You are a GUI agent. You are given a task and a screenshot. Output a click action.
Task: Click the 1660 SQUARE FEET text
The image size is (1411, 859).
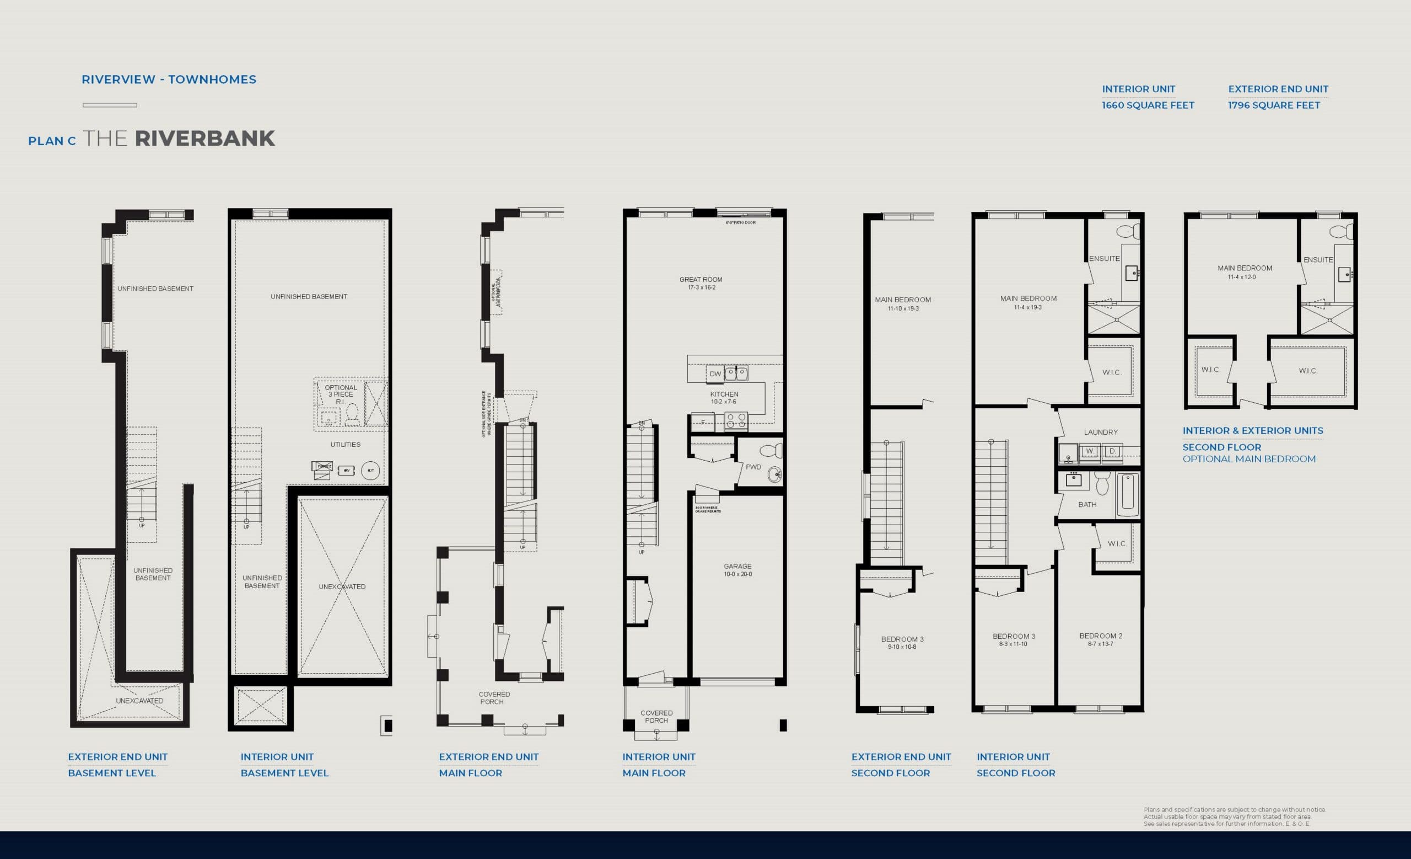1148,105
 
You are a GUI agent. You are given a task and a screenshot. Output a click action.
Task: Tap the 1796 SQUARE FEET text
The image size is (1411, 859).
1274,105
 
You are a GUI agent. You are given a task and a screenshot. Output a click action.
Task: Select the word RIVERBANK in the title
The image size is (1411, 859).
204,138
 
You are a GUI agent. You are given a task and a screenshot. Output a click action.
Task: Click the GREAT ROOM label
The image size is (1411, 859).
701,280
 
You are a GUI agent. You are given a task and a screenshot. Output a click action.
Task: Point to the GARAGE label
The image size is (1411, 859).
737,566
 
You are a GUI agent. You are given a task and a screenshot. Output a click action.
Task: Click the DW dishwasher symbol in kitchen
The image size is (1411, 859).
715,374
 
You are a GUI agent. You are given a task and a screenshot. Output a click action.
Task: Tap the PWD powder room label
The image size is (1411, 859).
753,467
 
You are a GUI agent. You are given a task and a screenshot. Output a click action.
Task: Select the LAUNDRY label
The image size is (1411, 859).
1100,432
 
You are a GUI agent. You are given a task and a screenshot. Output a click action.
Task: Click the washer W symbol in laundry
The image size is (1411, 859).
1089,451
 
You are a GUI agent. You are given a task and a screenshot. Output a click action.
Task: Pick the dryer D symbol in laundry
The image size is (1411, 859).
1112,451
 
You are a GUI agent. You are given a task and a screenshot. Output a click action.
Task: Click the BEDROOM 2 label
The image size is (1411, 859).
1100,636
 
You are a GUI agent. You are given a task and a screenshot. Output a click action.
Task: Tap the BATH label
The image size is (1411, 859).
1087,505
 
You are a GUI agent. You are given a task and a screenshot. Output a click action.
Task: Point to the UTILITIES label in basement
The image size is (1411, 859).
345,445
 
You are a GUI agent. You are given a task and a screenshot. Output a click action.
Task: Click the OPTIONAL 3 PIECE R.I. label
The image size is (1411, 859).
341,394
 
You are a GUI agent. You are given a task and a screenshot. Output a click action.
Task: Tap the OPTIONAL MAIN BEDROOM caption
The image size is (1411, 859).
1248,459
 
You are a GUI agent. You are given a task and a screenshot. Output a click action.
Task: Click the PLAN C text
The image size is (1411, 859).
52,141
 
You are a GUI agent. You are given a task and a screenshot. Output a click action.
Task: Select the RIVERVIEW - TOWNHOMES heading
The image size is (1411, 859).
169,79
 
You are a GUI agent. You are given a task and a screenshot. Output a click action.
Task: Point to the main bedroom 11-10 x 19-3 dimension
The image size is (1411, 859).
903,309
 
